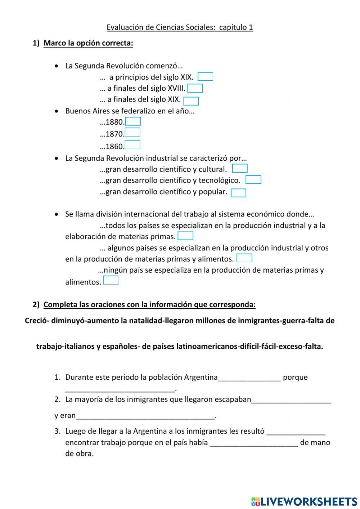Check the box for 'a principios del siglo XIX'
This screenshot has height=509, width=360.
click(x=205, y=77)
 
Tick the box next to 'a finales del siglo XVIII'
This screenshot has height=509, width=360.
click(x=195, y=88)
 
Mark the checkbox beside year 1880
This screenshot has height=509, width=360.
click(x=133, y=121)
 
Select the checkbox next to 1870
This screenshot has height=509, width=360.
click(x=132, y=133)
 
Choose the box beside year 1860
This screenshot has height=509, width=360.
click(x=132, y=145)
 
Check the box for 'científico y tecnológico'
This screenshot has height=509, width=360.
click(x=253, y=180)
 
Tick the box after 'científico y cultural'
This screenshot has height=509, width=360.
click(x=240, y=169)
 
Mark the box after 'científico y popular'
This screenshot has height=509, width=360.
click(x=238, y=193)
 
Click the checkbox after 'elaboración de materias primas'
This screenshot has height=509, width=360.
click(x=185, y=236)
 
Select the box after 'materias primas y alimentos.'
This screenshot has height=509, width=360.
click(x=244, y=258)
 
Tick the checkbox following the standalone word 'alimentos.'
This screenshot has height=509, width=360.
click(x=111, y=281)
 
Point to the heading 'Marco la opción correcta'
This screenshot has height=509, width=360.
click(x=88, y=43)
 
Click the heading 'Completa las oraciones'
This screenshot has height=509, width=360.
click(x=149, y=305)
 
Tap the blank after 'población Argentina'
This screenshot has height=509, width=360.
click(x=249, y=378)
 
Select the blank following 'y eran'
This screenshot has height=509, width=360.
click(x=145, y=416)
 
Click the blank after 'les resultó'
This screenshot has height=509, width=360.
click(x=296, y=432)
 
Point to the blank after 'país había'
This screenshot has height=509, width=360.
click(x=254, y=443)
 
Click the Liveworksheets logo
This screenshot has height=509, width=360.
click(x=304, y=501)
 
